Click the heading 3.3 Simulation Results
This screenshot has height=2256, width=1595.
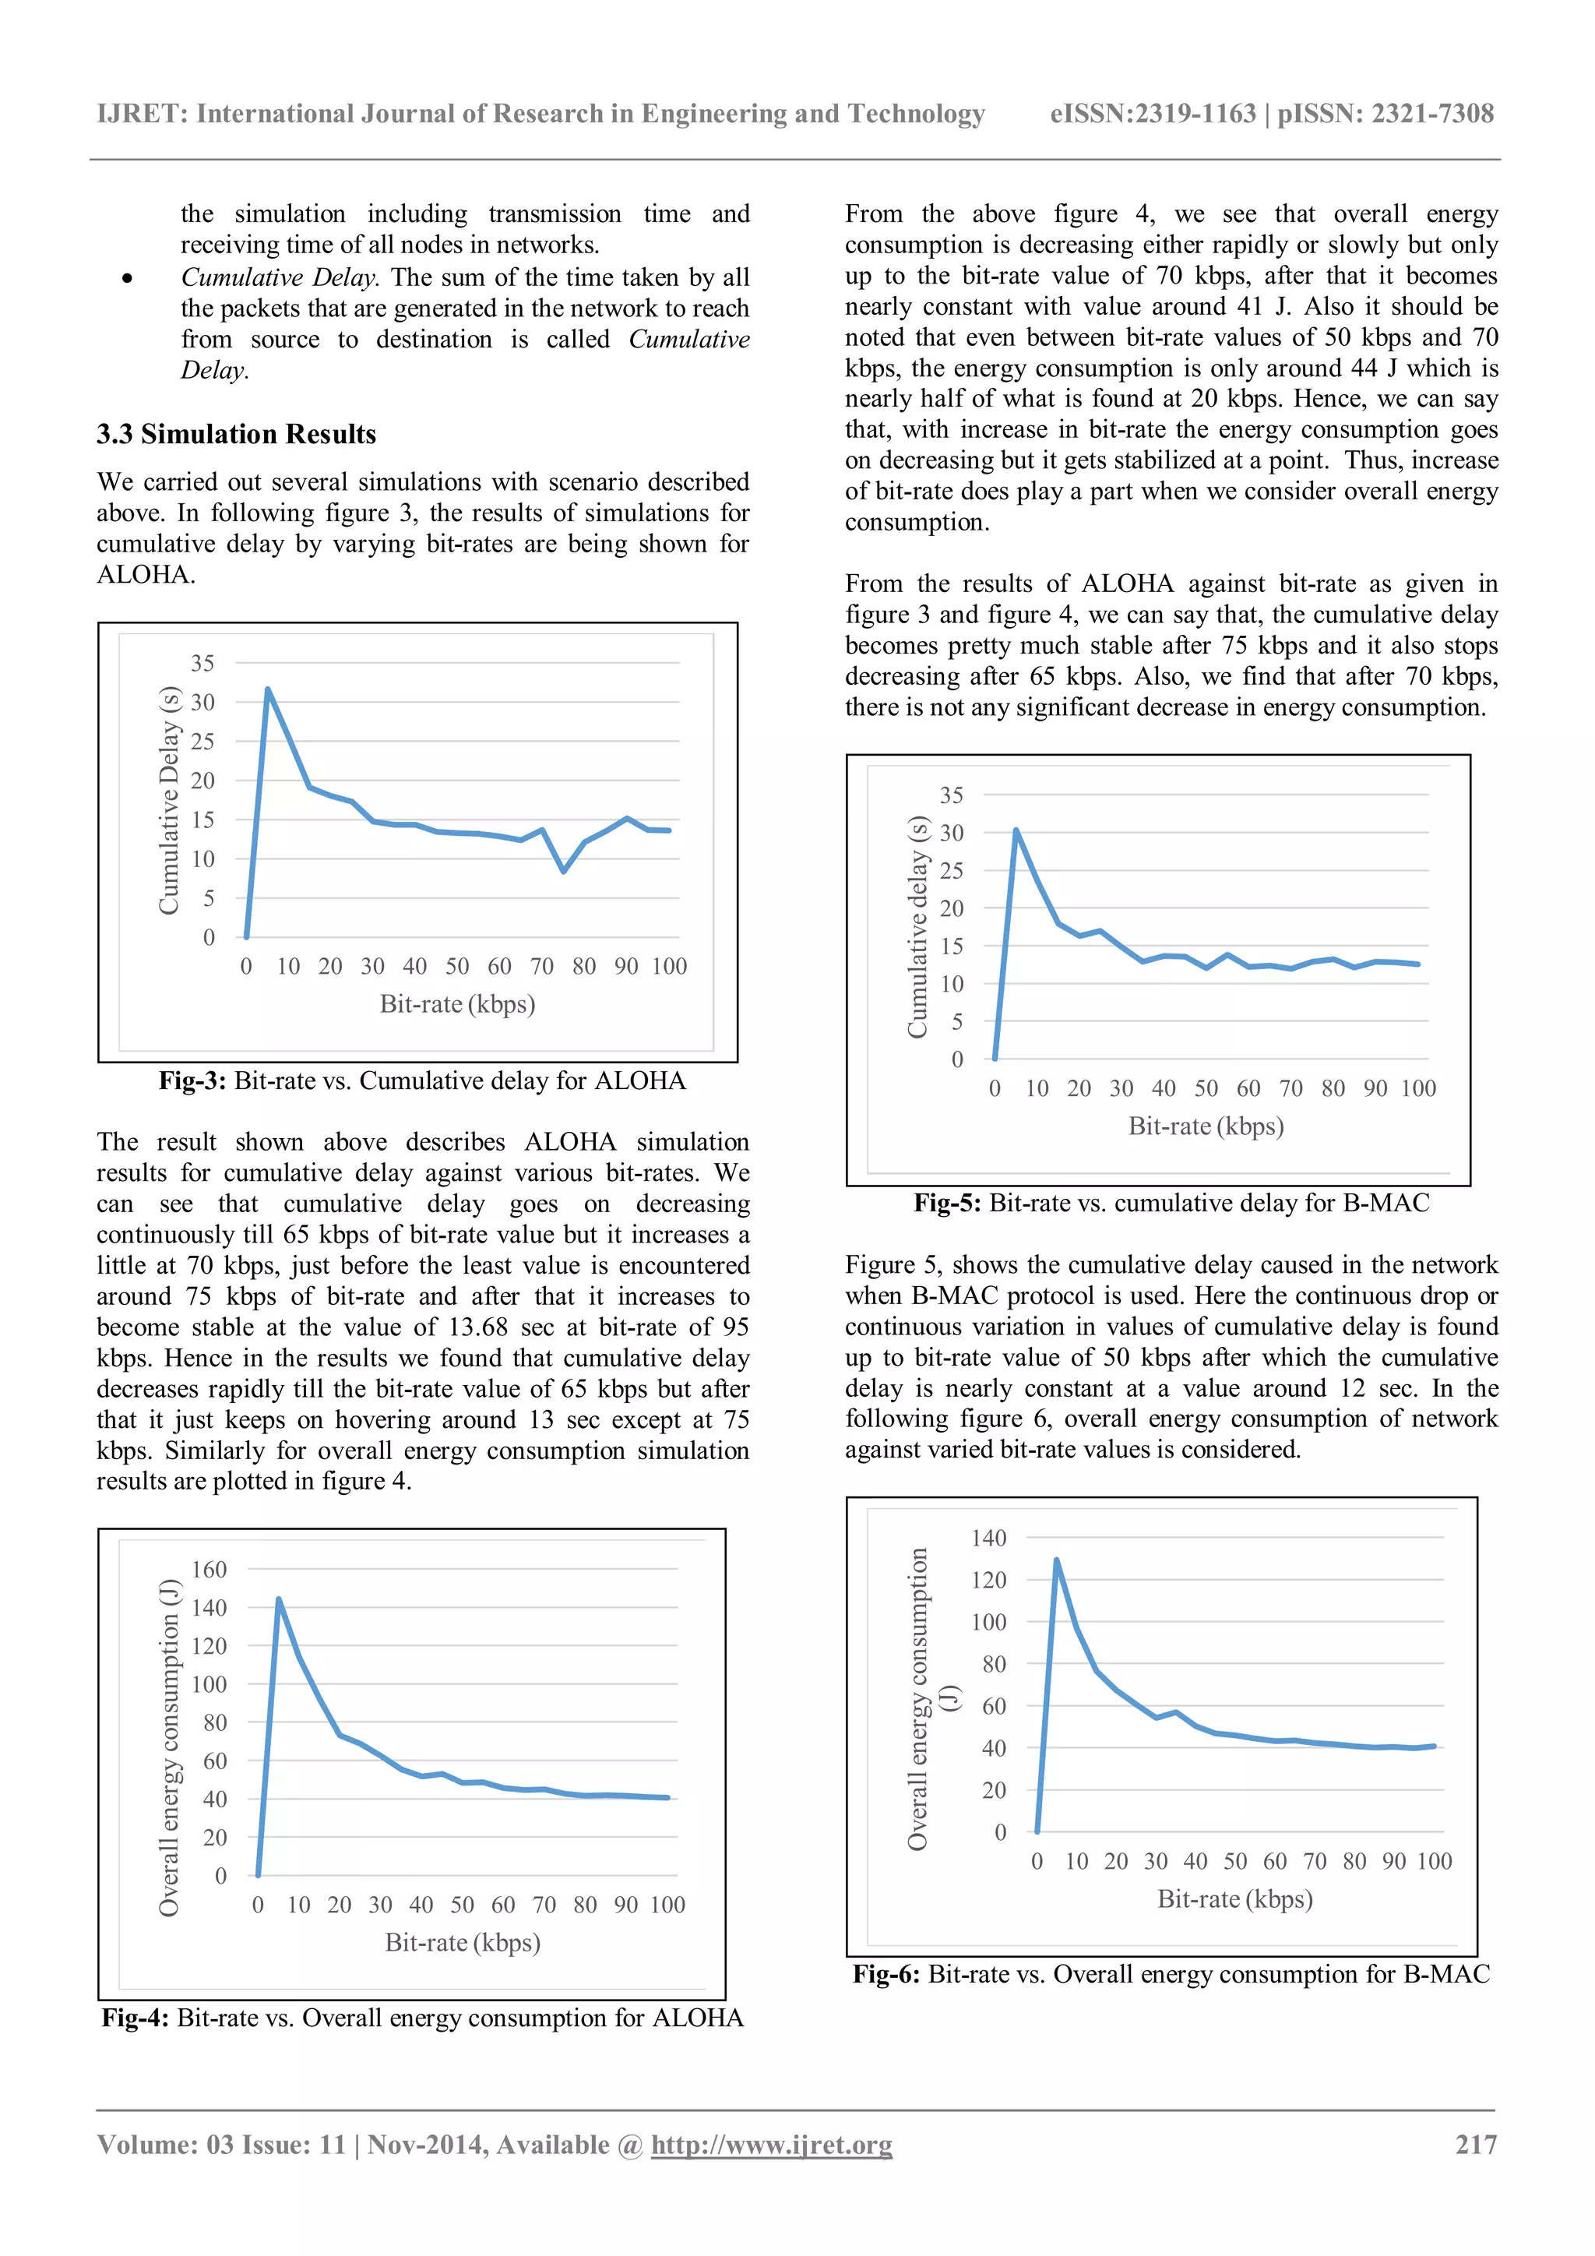[x=236, y=435]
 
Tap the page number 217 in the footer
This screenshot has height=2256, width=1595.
[x=1475, y=2144]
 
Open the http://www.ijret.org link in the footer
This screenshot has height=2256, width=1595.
[x=771, y=2144]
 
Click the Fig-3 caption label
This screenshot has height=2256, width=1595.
[x=192, y=1080]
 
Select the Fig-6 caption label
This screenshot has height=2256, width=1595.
[x=886, y=1974]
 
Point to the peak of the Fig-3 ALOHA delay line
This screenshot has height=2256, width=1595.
[x=267, y=689]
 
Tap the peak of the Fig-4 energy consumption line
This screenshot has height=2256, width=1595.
[x=279, y=1599]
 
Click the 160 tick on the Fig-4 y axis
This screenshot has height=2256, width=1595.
[x=208, y=1569]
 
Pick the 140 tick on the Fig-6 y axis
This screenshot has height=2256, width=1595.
[x=988, y=1538]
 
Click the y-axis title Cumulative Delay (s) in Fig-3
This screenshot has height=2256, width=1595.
[x=169, y=800]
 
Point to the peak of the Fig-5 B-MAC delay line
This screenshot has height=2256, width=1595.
[x=1016, y=830]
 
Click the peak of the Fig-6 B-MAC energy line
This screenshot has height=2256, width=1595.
[x=1057, y=1560]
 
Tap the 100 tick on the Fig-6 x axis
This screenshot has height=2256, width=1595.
[x=1434, y=1861]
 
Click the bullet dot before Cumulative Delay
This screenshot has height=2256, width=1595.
[x=128, y=279]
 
